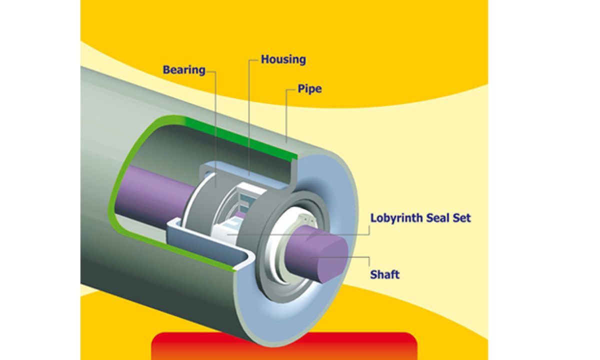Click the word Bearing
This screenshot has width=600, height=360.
(184, 70)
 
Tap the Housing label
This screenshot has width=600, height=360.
(283, 59)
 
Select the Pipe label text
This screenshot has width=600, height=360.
(309, 89)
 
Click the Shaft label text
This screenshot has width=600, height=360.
(384, 274)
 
